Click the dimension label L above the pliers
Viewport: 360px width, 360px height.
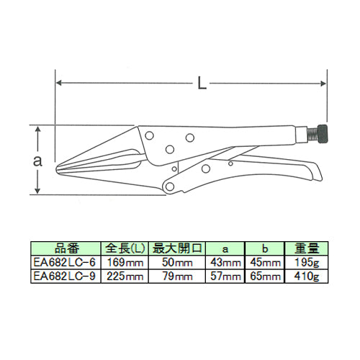coord(202,83)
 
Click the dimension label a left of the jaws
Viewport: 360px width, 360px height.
coord(37,161)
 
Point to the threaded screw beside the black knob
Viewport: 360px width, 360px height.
coord(312,135)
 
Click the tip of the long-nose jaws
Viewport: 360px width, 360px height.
coord(57,168)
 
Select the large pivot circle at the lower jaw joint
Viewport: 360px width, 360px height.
coord(170,186)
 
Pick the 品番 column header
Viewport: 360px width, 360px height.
coord(66,248)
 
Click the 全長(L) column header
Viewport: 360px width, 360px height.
coord(125,248)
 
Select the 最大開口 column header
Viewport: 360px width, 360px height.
coord(177,248)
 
